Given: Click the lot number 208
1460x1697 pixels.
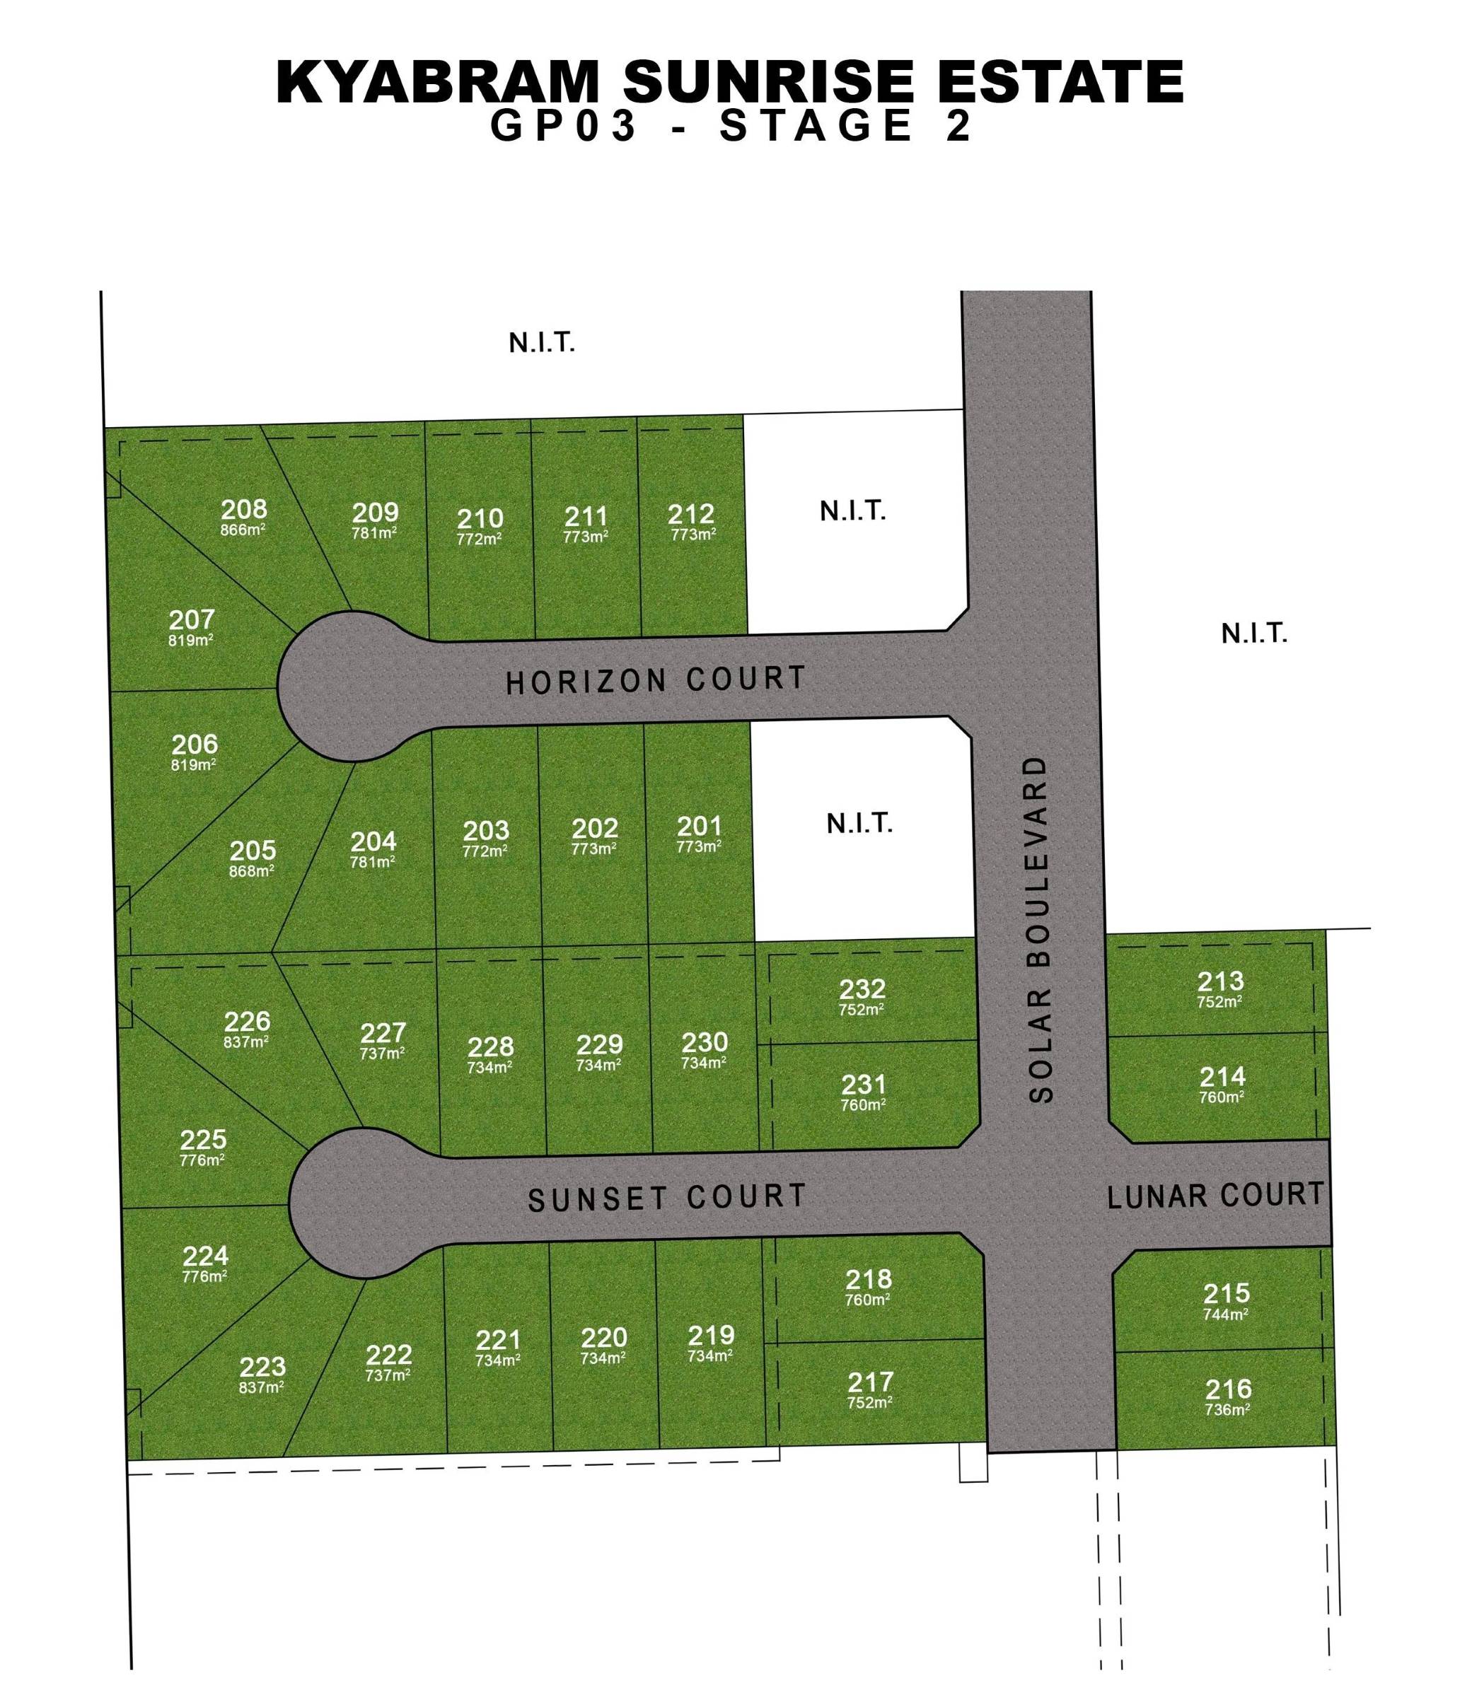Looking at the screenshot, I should click(243, 509).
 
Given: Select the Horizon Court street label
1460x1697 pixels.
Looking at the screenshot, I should click(656, 680).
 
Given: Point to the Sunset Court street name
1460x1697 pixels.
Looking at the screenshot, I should click(667, 1197).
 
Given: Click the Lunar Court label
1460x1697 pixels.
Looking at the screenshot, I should click(1215, 1196).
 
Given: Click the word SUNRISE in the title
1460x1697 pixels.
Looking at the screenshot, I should click(765, 83).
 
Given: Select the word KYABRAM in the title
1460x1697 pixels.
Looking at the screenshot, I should click(438, 83).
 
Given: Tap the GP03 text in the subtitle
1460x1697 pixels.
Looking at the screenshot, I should click(564, 127).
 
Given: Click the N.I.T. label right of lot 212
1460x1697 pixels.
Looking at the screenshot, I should click(853, 512).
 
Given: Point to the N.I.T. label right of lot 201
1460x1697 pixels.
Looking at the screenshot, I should click(859, 823).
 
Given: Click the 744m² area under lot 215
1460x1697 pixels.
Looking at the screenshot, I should click(1226, 1314).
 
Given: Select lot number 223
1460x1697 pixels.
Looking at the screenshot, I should click(262, 1367).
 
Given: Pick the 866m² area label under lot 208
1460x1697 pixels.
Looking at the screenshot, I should click(243, 529).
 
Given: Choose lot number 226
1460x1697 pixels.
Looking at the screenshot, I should click(247, 1021).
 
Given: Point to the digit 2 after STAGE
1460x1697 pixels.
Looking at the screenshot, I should click(958, 127).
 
